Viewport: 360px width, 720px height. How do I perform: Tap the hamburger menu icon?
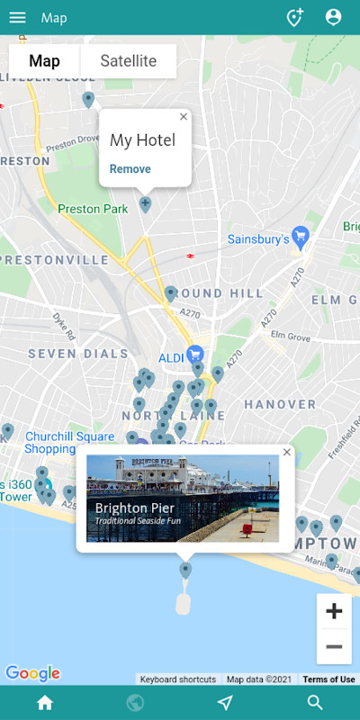coord(17,17)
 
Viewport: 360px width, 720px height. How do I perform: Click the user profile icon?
coord(333,17)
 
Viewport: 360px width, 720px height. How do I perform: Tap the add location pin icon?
coord(294,17)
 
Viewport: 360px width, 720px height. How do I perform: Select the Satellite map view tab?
coord(128,61)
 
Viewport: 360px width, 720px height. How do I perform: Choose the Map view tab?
coord(44,61)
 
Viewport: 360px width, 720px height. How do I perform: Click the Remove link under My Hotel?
coord(130,169)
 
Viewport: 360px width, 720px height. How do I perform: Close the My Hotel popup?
coord(184,116)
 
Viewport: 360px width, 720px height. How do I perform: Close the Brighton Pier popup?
coord(287,452)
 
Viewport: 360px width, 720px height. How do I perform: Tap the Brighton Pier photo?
coord(183,498)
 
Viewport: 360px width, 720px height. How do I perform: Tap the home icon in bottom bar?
coord(45,703)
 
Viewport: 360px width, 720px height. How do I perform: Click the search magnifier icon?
coord(315,703)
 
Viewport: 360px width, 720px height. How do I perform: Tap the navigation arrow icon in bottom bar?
coord(225,703)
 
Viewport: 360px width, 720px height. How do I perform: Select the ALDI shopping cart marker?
coord(194,354)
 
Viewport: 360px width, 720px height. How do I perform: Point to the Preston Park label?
coord(91,209)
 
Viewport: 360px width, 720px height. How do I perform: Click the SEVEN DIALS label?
coord(77,354)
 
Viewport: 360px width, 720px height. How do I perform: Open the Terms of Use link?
coord(328,679)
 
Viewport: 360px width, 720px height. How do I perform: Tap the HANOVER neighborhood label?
coord(280,405)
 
